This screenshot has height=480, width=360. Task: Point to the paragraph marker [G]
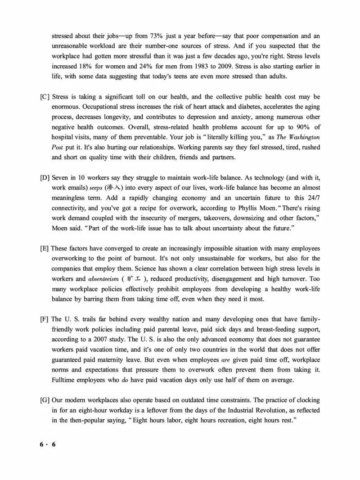point(45,399)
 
